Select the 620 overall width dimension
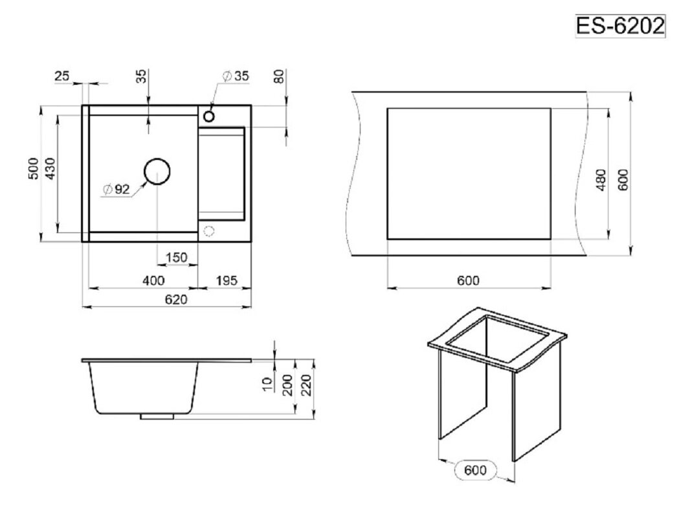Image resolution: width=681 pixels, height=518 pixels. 176,299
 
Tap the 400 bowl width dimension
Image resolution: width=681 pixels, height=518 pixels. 154,280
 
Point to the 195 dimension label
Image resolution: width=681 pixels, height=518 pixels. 227,280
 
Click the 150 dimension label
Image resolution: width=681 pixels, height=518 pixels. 176,257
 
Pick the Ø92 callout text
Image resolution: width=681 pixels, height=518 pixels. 117,190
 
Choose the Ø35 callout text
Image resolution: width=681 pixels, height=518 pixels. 236,76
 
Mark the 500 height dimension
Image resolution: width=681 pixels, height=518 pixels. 34,168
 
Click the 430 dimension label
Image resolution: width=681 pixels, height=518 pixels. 50,168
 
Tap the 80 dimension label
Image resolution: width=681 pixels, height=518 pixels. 280,76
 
